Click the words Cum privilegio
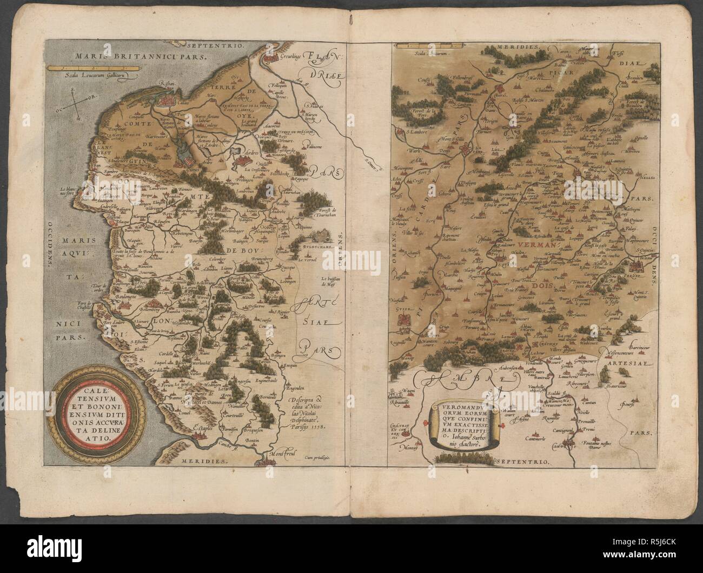point(324,457)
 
